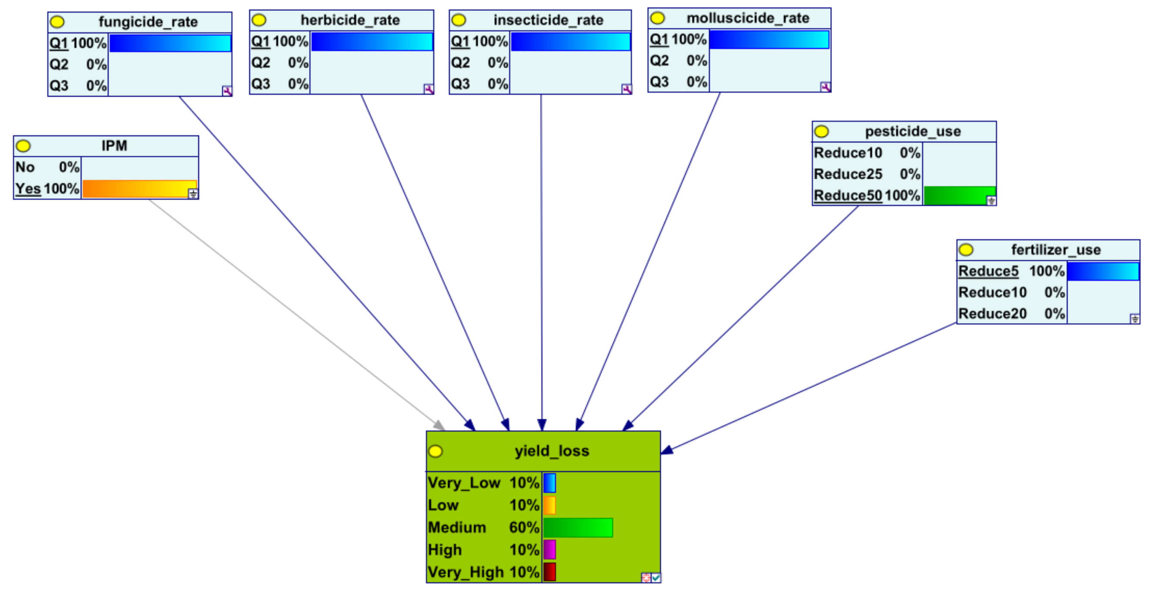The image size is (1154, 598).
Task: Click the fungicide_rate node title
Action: (x=148, y=21)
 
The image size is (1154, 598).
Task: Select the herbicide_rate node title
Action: (x=350, y=20)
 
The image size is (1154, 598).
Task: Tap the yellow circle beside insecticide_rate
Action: (x=458, y=20)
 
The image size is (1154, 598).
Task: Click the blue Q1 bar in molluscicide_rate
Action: (x=769, y=40)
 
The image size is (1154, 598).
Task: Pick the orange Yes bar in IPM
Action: (x=139, y=188)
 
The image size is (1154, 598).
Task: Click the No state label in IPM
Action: (x=25, y=167)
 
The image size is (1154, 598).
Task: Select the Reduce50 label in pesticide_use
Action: (x=848, y=195)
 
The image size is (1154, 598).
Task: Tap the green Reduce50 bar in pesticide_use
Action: (x=959, y=196)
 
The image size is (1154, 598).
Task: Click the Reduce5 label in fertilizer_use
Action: (x=988, y=271)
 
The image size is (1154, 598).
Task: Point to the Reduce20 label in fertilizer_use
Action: (x=992, y=313)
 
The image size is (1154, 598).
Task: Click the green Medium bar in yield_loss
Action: (x=578, y=527)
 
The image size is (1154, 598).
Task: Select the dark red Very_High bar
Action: (x=550, y=571)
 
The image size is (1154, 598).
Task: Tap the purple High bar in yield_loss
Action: (x=550, y=550)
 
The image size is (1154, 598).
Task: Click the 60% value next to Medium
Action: (x=523, y=527)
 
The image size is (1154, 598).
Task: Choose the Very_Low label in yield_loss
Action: (x=464, y=482)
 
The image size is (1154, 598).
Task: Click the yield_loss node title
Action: (x=552, y=451)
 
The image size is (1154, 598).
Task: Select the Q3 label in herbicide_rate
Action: (x=261, y=84)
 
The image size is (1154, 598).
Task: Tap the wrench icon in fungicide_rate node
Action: (x=227, y=91)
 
